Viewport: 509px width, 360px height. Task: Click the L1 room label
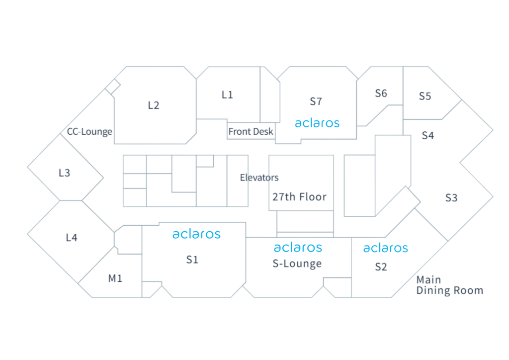point(227,94)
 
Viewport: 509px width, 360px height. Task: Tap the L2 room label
point(154,105)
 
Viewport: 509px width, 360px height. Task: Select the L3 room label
point(64,173)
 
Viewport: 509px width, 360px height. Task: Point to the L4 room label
point(72,238)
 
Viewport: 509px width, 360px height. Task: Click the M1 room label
point(115,278)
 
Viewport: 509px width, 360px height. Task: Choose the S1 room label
point(192,259)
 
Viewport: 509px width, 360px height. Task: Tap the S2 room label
point(381,267)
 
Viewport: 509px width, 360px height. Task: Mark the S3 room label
point(451,198)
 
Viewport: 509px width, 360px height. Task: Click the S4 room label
point(428,135)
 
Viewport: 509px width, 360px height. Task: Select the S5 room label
point(425,96)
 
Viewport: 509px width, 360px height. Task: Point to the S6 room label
point(381,93)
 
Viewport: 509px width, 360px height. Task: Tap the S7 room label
point(316,101)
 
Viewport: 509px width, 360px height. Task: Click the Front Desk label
point(251,132)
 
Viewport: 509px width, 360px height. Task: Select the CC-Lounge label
point(89,132)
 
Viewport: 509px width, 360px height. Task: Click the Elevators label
point(259,178)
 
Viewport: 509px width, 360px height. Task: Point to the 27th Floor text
point(299,197)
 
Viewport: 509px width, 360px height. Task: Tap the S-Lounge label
point(297,264)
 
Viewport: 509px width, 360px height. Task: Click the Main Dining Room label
point(449,285)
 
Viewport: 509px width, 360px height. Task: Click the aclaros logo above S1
point(196,234)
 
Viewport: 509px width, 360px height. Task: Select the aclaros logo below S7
point(317,123)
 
